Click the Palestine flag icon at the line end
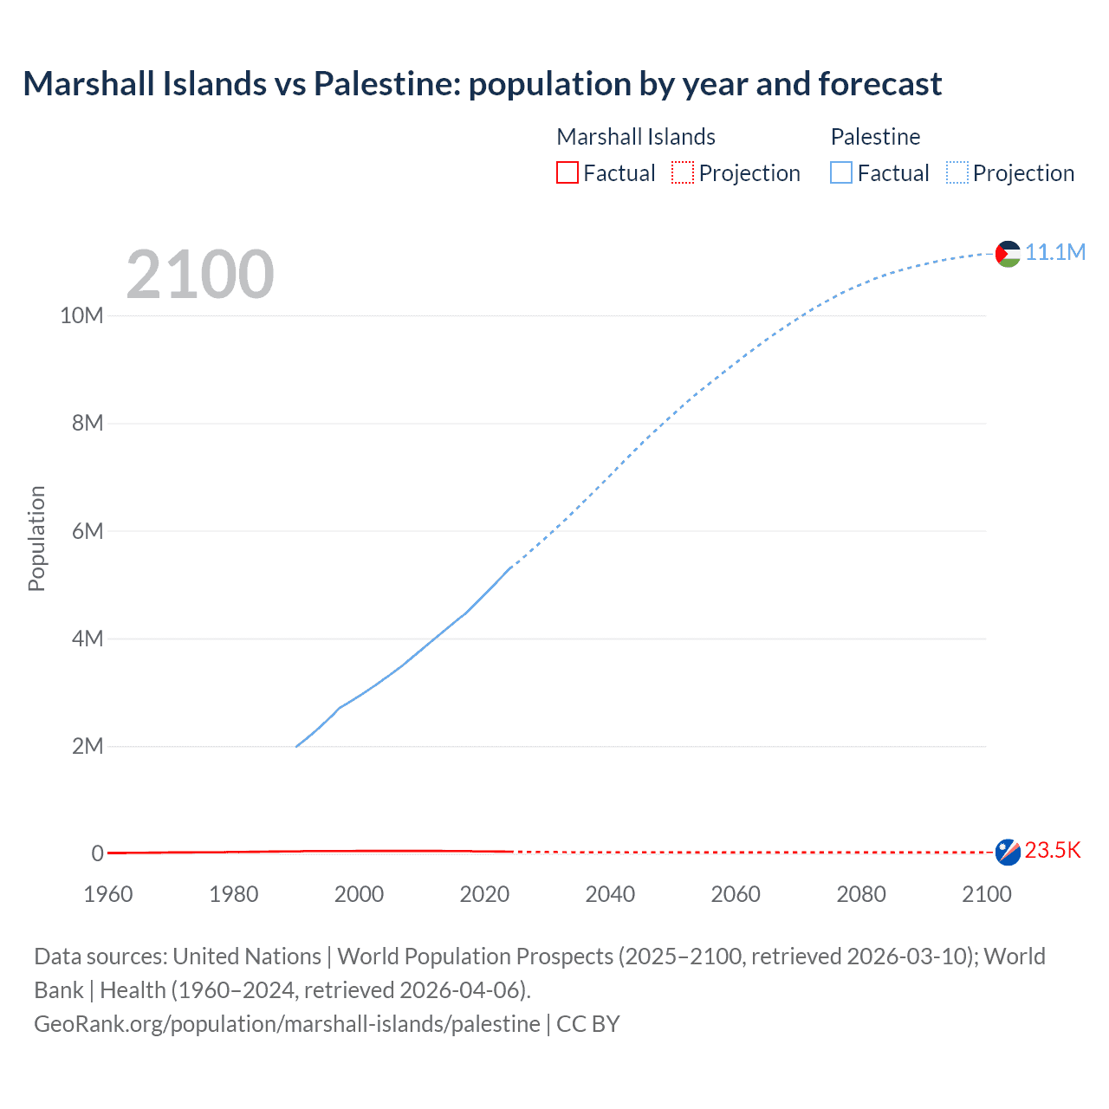click(x=1008, y=254)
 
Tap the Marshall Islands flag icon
click(x=1008, y=852)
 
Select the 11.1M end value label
click(x=1055, y=252)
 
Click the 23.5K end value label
click(x=1053, y=850)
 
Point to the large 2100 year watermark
click(x=200, y=275)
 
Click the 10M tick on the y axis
click(x=81, y=315)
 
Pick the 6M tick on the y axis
click(x=88, y=531)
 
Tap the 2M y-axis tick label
click(x=88, y=746)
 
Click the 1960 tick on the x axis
click(x=108, y=894)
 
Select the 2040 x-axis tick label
click(x=610, y=894)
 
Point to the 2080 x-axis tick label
click(x=861, y=894)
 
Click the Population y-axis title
click(x=36, y=538)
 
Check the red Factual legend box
click(x=567, y=173)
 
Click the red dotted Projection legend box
click(x=683, y=173)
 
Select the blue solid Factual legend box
click(x=841, y=173)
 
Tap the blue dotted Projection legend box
click(x=957, y=173)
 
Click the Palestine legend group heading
click(x=875, y=137)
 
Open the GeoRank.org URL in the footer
click(x=287, y=1023)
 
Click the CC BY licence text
click(x=588, y=1023)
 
